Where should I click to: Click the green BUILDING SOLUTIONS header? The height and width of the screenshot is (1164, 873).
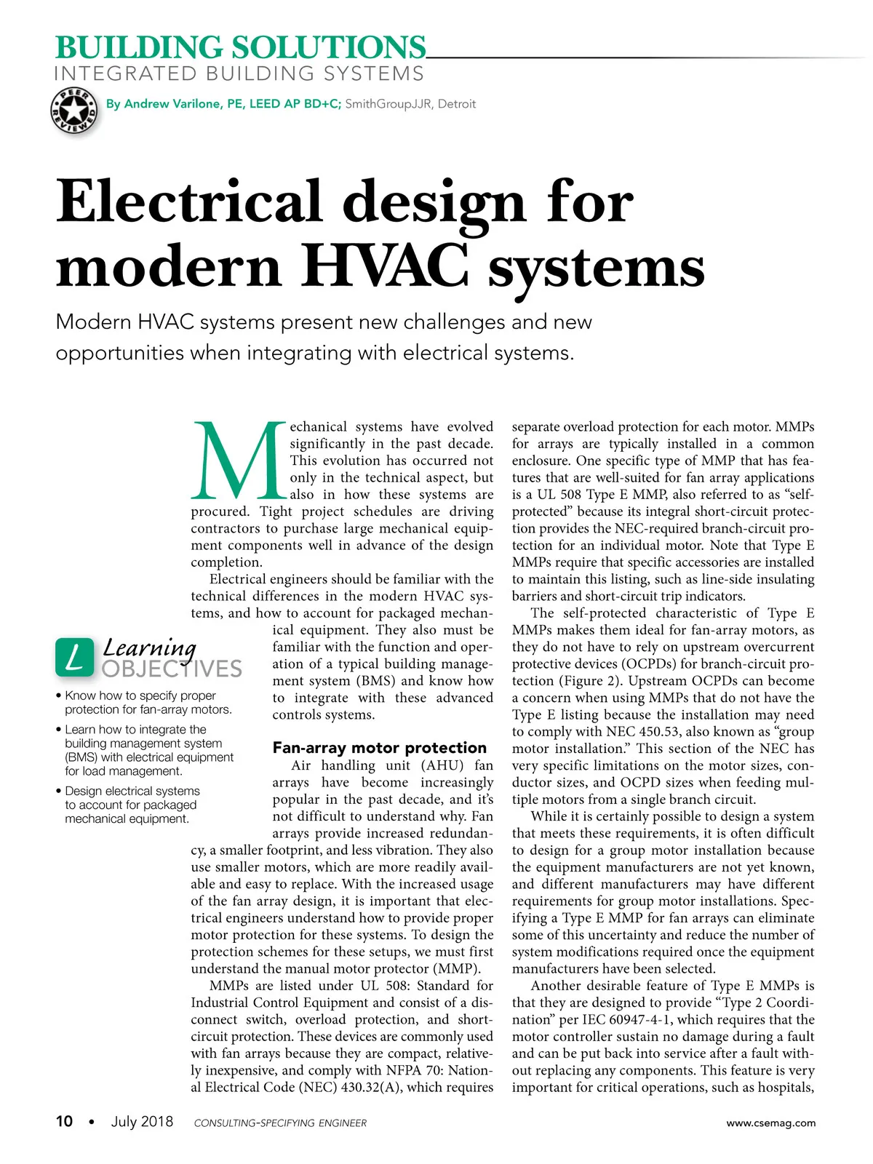point(240,48)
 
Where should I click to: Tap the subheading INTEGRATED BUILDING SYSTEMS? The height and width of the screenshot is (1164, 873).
point(239,74)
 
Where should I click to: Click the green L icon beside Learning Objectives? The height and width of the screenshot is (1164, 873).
point(74,657)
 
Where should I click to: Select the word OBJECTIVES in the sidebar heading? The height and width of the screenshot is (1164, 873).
point(172,669)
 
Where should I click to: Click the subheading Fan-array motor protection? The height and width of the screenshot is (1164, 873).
point(379,748)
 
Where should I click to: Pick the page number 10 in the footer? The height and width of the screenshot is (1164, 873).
point(65,1122)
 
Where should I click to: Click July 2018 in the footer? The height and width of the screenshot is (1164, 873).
point(142,1122)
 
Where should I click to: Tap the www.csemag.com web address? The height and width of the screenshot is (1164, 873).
point(770,1123)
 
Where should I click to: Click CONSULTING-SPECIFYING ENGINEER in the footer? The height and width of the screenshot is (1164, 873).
point(280,1123)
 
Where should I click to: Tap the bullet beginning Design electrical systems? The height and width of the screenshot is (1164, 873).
point(132,805)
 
